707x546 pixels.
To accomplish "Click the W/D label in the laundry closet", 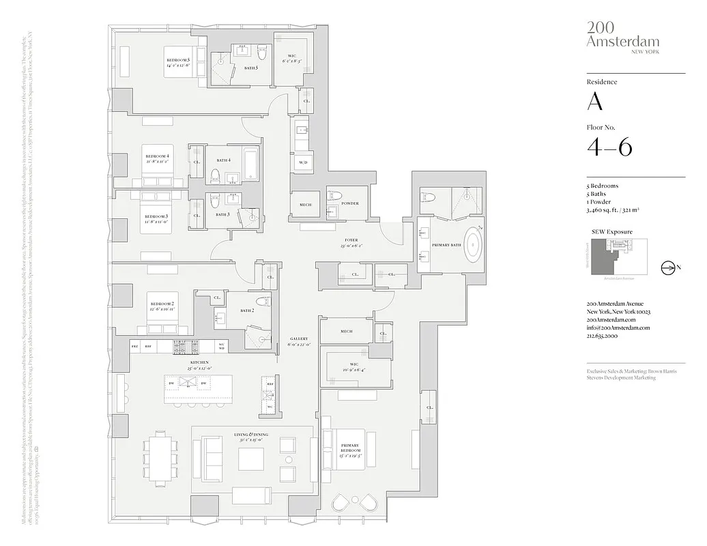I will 303,162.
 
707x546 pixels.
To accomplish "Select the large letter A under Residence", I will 595,102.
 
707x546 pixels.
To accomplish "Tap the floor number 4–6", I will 609,147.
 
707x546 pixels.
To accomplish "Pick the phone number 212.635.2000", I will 603,336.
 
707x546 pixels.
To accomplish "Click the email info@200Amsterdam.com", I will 618,328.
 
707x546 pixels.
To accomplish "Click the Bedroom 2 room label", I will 162,306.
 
